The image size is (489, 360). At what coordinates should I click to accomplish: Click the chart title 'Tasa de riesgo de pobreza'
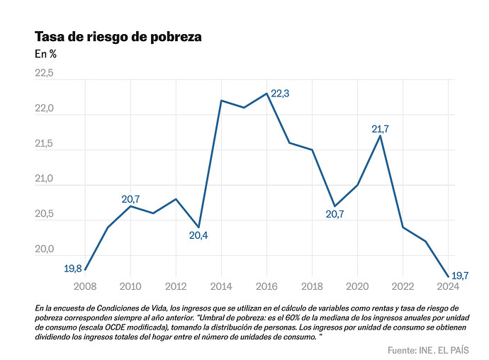click(x=118, y=37)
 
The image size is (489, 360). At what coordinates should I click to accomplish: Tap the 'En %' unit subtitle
click(x=45, y=54)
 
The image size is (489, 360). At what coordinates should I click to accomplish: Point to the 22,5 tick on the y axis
click(x=44, y=74)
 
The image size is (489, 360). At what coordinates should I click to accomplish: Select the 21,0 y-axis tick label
click(x=44, y=179)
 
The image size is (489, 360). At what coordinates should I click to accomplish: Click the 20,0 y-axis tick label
click(x=44, y=249)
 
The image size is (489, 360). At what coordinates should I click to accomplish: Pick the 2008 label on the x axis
click(x=85, y=286)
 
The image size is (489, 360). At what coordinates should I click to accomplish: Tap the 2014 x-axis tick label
click(x=221, y=286)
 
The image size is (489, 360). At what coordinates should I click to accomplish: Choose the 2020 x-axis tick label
click(x=357, y=286)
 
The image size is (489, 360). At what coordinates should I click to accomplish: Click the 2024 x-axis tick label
click(x=448, y=286)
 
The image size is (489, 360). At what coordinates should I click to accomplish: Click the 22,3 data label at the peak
click(x=281, y=94)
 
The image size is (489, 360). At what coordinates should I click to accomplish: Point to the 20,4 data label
click(x=198, y=235)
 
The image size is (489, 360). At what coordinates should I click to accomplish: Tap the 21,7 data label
click(x=381, y=129)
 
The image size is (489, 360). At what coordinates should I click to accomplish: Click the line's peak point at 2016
click(x=266, y=94)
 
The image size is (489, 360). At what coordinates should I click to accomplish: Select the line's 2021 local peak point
click(x=381, y=136)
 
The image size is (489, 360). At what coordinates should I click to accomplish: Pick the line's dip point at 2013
click(x=198, y=227)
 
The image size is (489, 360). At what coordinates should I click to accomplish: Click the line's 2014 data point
click(x=221, y=101)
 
